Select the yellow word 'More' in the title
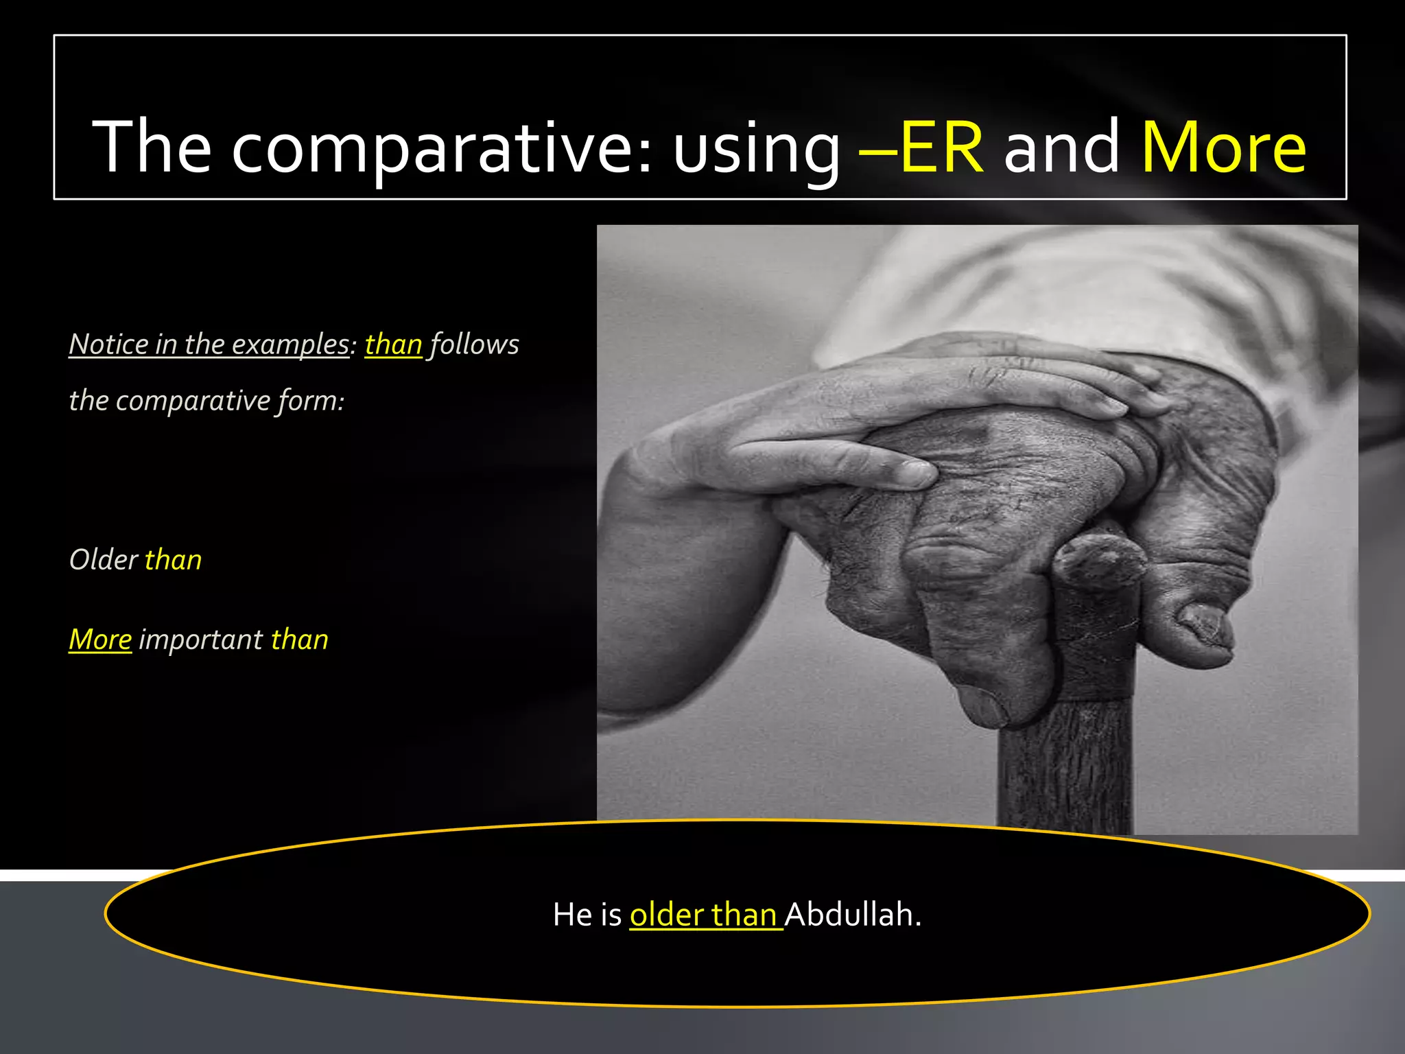pyautogui.click(x=1223, y=148)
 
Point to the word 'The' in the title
pyautogui.click(x=152, y=146)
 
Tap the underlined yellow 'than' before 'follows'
pyautogui.click(x=393, y=344)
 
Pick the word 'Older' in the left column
pyautogui.click(x=104, y=560)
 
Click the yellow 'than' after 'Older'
pyautogui.click(x=174, y=560)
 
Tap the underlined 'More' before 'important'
pyautogui.click(x=100, y=640)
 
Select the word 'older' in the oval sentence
pyautogui.click(x=667, y=915)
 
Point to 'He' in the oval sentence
pyautogui.click(x=567, y=915)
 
